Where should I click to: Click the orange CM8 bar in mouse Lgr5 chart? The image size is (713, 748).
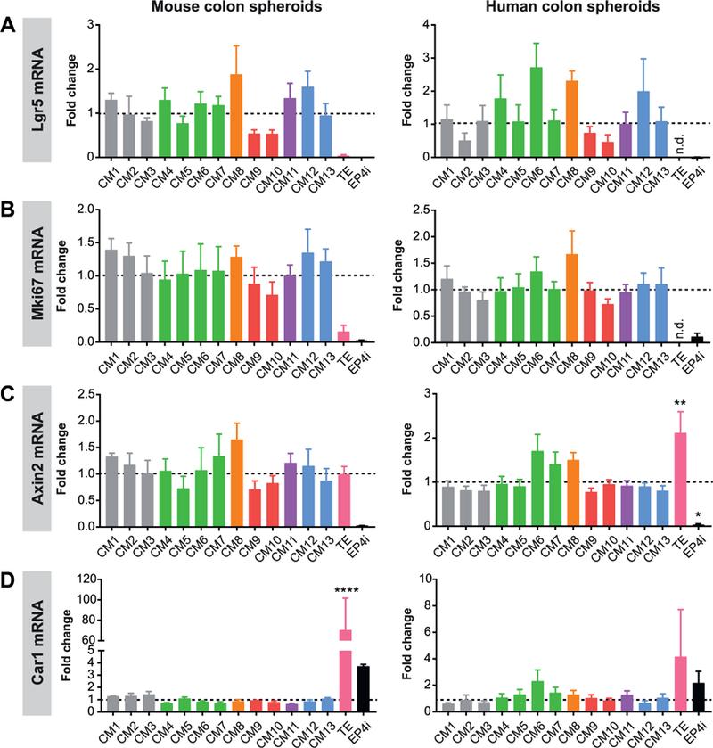(x=236, y=116)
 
